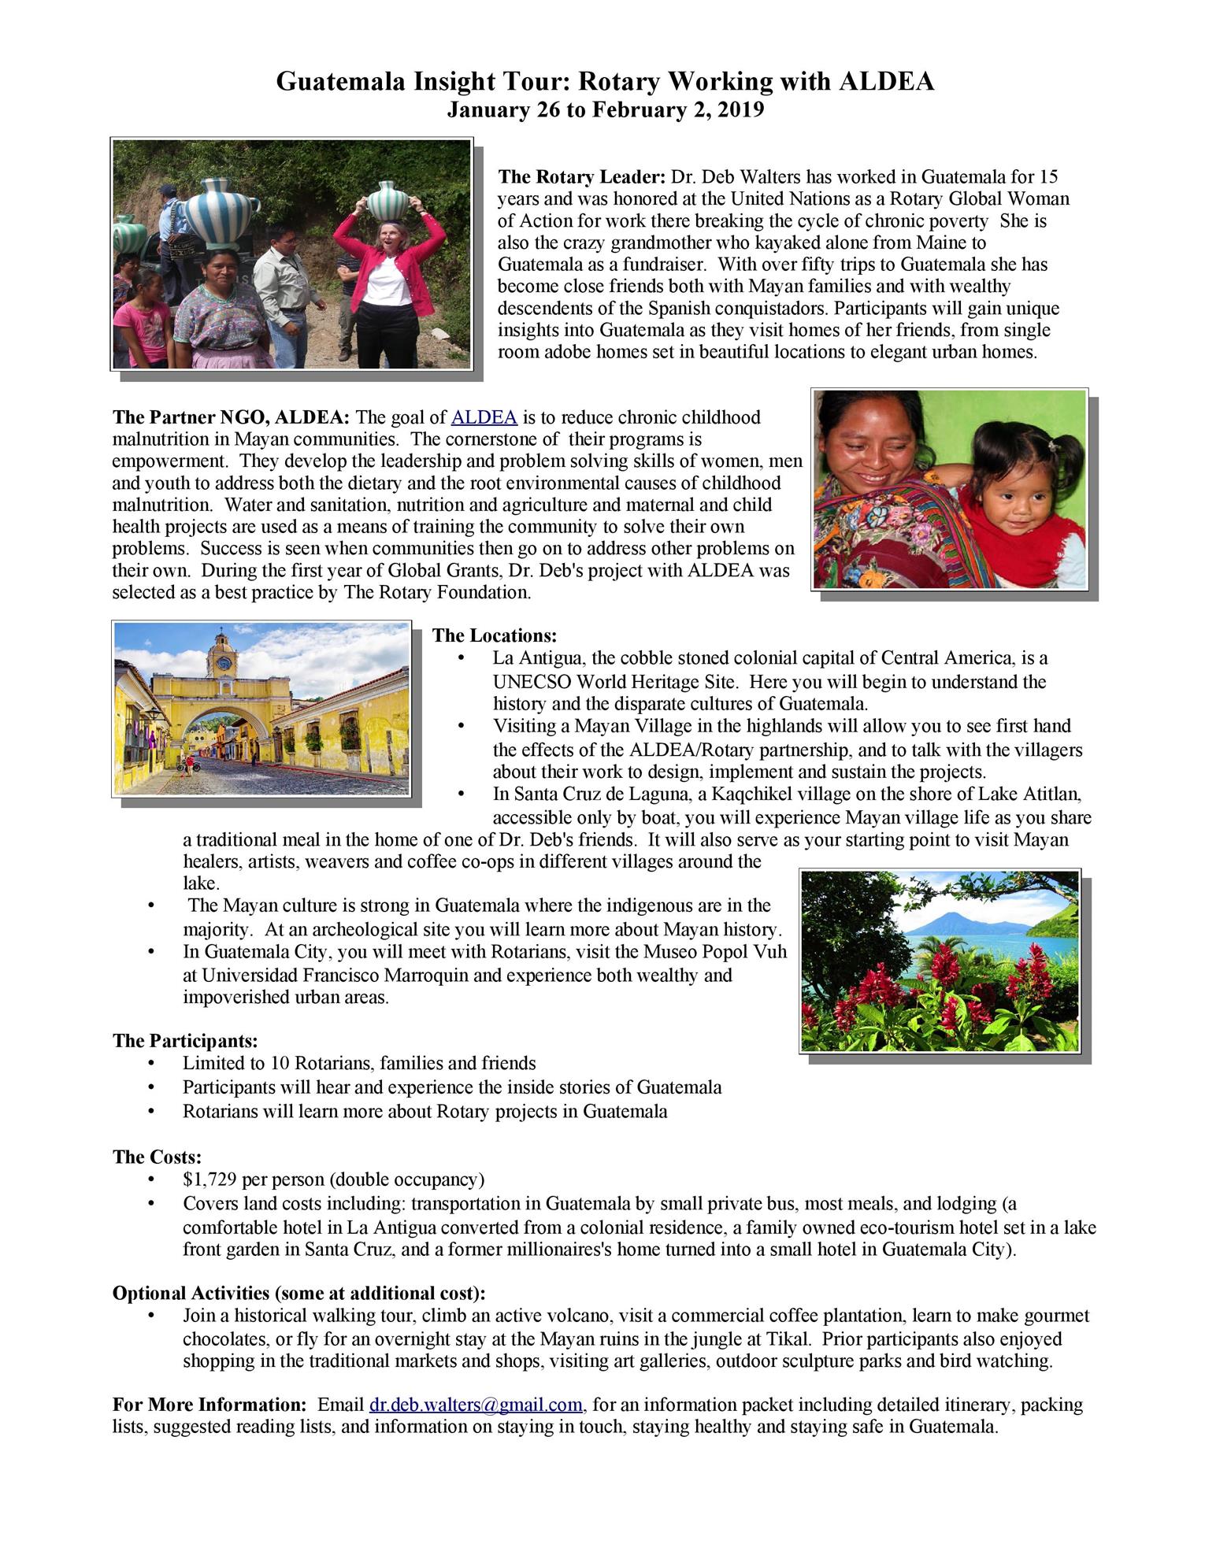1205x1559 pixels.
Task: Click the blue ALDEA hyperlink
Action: click(484, 417)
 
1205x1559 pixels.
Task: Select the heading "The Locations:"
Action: click(495, 635)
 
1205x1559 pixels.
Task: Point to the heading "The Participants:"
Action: click(185, 1041)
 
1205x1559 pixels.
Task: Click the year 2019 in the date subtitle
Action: click(742, 110)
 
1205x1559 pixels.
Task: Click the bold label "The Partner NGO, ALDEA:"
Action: click(233, 417)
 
